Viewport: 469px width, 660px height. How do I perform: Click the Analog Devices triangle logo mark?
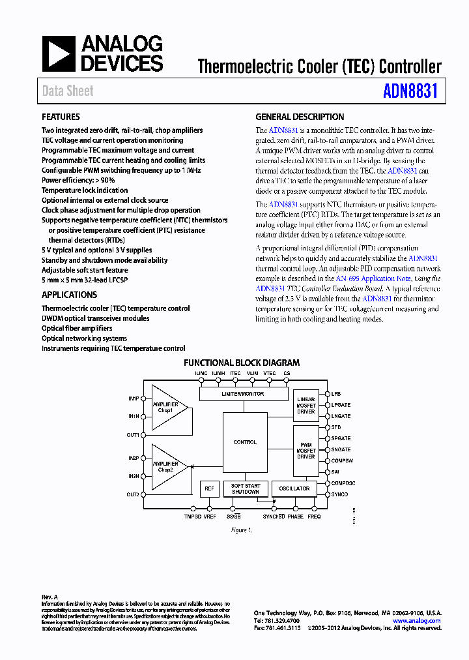59,54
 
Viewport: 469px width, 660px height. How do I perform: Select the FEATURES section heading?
61,117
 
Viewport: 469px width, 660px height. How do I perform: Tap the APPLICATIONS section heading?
69,295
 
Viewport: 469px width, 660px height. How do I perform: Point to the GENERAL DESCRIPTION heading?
300,117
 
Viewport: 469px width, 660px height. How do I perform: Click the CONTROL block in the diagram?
245,442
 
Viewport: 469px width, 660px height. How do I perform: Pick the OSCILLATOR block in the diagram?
294,488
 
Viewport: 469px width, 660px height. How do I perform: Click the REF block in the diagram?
209,488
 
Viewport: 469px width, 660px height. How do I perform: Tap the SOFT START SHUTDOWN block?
245,488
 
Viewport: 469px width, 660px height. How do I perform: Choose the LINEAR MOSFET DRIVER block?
306,405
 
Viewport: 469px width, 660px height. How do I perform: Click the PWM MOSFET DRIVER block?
306,450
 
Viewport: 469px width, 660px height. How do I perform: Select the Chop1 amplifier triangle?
168,408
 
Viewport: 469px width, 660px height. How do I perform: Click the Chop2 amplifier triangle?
168,467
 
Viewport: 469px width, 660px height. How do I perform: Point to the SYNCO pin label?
340,494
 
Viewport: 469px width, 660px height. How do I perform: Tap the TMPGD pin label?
193,517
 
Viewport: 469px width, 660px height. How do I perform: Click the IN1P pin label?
134,398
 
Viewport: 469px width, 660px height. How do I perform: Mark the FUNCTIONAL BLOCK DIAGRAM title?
242,363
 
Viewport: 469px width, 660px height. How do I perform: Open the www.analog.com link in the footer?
417,621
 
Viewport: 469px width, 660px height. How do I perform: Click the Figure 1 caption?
241,530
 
